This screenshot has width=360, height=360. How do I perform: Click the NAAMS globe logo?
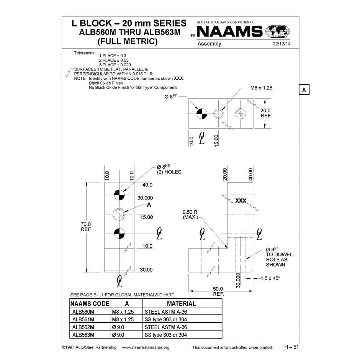[x=278, y=31]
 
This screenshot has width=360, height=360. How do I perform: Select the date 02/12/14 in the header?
[x=282, y=44]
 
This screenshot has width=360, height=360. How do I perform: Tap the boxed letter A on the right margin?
[x=304, y=90]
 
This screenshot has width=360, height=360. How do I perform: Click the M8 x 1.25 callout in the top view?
[x=261, y=88]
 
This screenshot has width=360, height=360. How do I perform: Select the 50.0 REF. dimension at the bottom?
[x=218, y=291]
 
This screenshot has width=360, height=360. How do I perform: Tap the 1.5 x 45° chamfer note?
[x=270, y=278]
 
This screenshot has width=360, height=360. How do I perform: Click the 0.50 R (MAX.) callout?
[x=190, y=214]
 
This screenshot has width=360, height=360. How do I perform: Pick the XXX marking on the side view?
[x=241, y=201]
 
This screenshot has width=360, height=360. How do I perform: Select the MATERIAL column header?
[x=182, y=304]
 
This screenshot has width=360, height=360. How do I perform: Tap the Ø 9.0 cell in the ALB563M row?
[x=119, y=335]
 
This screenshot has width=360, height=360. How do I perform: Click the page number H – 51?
[x=291, y=347]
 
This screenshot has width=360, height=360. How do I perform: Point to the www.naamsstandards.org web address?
[x=146, y=348]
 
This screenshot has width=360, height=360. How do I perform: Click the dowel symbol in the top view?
[x=202, y=113]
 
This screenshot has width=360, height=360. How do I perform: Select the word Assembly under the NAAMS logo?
[x=209, y=44]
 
